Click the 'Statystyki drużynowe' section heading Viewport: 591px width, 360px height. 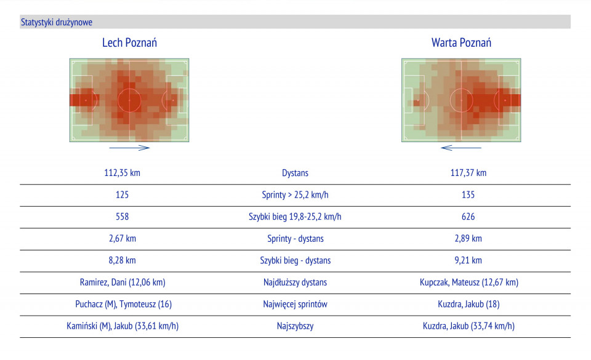pyautogui.click(x=57, y=22)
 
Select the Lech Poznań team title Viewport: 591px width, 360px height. pyautogui.click(x=129, y=43)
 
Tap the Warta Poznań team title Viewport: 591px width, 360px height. pyautogui.click(x=461, y=43)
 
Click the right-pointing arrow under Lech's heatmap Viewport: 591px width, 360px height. pyautogui.click(x=129, y=148)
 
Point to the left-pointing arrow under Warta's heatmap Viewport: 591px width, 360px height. pyautogui.click(x=461, y=148)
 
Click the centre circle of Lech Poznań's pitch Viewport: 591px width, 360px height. pyautogui.click(x=129, y=100)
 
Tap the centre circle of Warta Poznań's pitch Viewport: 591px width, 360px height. pyautogui.click(x=461, y=100)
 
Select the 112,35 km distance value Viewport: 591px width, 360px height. pyautogui.click(x=122, y=173)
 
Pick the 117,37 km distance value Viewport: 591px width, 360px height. pyautogui.click(x=468, y=173)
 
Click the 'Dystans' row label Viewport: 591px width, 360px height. pyautogui.click(x=295, y=173)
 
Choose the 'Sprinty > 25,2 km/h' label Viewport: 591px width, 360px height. pyautogui.click(x=295, y=195)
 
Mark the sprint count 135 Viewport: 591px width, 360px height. pyautogui.click(x=468, y=195)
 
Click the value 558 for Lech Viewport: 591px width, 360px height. pyautogui.click(x=122, y=217)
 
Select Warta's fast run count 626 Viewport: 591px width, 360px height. pyautogui.click(x=468, y=217)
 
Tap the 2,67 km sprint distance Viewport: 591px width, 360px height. pyautogui.click(x=122, y=239)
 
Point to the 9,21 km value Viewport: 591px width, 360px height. pyautogui.click(x=468, y=260)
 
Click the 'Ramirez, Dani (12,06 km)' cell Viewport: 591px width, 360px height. pyautogui.click(x=122, y=282)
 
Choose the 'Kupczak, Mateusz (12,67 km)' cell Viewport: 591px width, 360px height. pyautogui.click(x=468, y=282)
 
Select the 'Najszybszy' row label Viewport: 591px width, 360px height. pyautogui.click(x=295, y=326)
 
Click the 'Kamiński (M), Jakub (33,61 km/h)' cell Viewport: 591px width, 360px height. pyautogui.click(x=122, y=326)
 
